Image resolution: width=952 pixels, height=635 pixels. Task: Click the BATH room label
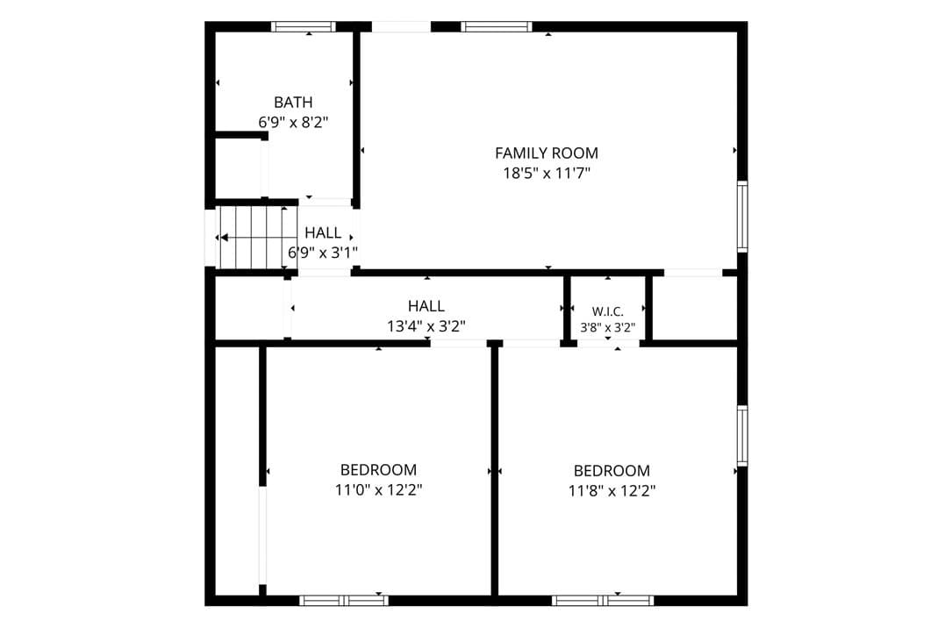pos(293,102)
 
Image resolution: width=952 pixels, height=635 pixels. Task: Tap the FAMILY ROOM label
pos(547,153)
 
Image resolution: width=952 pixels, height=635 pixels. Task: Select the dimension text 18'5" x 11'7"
pos(547,174)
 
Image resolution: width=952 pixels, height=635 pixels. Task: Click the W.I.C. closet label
pos(608,312)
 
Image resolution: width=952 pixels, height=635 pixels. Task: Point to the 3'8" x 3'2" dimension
pos(608,328)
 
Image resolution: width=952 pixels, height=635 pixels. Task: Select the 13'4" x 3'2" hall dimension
pos(426,326)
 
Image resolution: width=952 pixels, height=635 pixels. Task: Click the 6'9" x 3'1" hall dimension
pos(322,253)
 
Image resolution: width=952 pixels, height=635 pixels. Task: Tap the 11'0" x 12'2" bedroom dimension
pos(378,490)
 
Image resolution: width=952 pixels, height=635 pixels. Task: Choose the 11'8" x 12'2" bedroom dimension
pos(612,490)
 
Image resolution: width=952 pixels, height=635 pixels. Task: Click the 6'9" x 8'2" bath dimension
pos(293,123)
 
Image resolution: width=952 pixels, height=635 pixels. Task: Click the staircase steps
pos(250,238)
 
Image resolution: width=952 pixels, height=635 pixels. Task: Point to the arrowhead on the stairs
pos(224,238)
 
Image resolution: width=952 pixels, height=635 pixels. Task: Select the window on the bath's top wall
pos(303,26)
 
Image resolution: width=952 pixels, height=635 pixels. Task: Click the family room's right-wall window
pos(742,216)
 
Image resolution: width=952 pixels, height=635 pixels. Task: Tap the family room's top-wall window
pos(496,26)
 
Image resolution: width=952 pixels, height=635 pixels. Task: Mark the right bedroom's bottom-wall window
pos(603,601)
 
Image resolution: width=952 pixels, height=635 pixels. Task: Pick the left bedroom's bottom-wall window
pos(344,601)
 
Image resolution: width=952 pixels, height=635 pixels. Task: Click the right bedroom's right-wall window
pos(742,435)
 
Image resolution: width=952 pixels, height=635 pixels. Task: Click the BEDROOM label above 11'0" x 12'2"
pos(378,470)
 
